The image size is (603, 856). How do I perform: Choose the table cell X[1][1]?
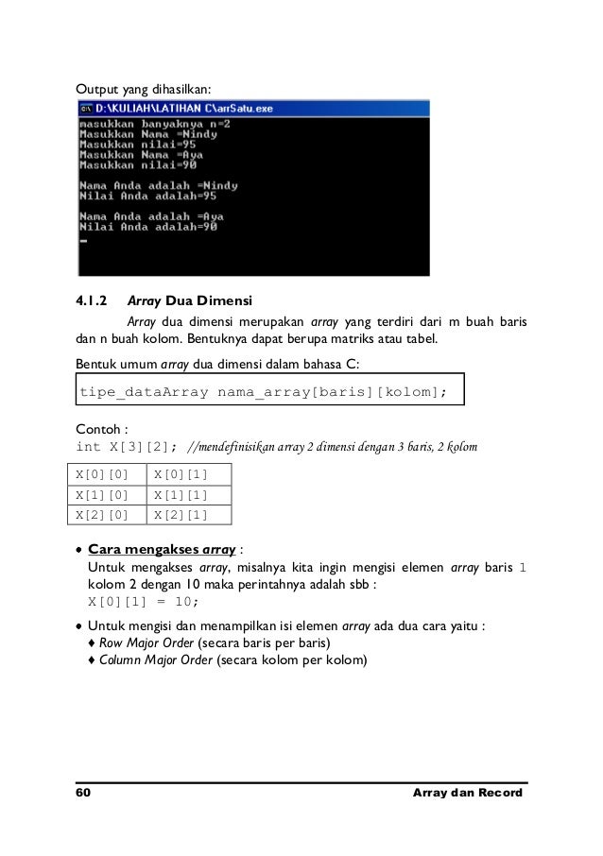point(187,494)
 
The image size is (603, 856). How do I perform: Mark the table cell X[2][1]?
point(187,515)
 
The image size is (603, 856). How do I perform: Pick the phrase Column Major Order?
point(154,660)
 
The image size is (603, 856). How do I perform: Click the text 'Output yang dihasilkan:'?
point(146,89)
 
